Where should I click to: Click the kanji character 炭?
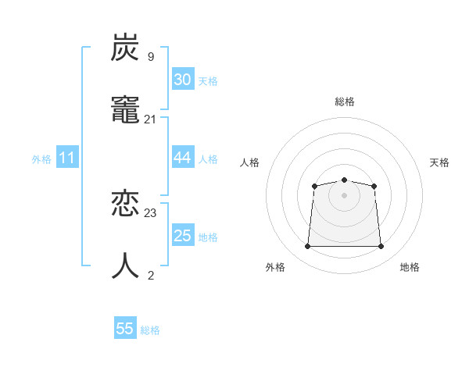[125, 48]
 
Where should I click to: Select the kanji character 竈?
[125, 111]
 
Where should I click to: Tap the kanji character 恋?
[125, 205]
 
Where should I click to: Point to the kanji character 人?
[125, 266]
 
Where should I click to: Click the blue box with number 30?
[182, 80]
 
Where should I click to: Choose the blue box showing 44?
[182, 158]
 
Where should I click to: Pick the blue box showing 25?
[182, 236]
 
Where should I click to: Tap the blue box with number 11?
[66, 159]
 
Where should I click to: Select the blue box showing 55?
[125, 329]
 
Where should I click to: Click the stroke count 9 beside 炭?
[150, 56]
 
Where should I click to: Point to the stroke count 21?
[150, 119]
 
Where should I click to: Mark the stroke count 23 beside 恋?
[150, 212]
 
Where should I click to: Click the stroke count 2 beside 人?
[150, 275]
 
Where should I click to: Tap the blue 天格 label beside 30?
[208, 81]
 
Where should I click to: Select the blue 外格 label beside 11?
[41, 159]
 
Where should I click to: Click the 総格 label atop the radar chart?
[344, 102]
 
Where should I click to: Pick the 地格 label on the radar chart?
[410, 268]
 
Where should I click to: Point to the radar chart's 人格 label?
[249, 162]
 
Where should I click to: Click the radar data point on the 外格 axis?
[307, 247]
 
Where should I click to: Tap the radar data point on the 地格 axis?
[381, 247]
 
